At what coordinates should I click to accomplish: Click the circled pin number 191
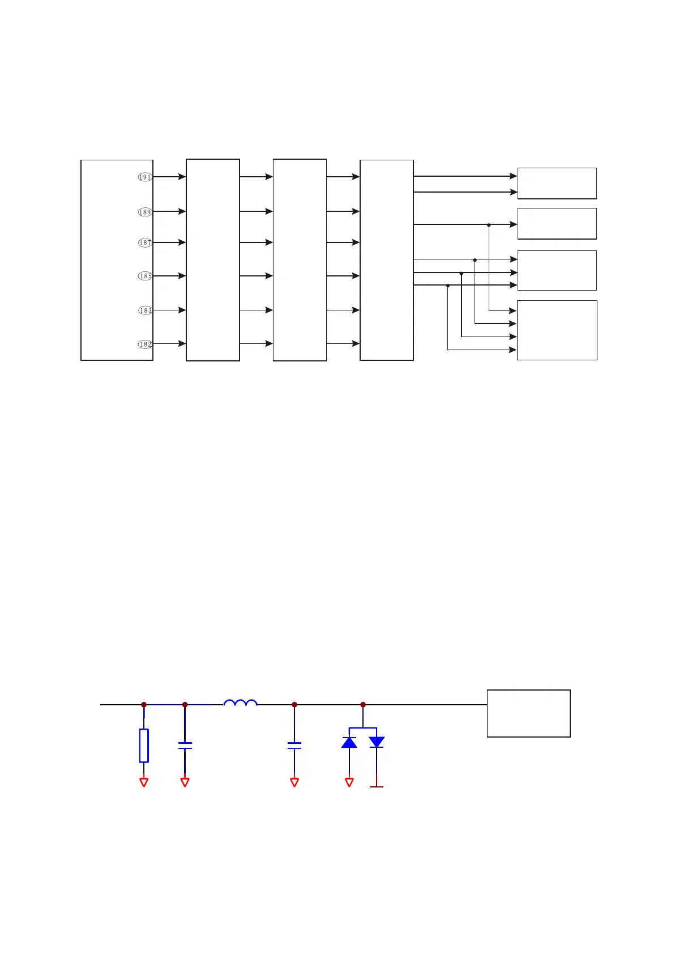[x=145, y=177]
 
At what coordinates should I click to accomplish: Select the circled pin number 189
[x=145, y=212]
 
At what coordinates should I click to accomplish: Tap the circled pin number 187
[x=145, y=242]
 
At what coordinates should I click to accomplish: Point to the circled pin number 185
[x=145, y=276]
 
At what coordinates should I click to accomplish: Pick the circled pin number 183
[x=145, y=310]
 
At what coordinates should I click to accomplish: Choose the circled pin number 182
[x=145, y=344]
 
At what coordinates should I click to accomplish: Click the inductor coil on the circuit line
[x=241, y=703]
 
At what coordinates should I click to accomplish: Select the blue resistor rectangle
[x=144, y=746]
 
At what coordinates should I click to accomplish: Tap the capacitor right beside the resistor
[x=185, y=746]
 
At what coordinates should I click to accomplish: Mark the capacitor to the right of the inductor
[x=294, y=746]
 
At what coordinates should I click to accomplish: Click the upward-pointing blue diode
[x=349, y=742]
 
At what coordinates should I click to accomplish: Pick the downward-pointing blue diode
[x=377, y=742]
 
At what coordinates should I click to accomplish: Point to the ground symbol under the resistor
[x=144, y=782]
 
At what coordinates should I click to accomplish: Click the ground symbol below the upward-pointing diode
[x=349, y=782]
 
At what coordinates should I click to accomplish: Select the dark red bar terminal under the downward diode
[x=377, y=786]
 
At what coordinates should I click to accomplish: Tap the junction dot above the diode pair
[x=363, y=705]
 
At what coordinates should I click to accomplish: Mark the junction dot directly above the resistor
[x=144, y=705]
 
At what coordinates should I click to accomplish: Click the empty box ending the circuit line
[x=528, y=713]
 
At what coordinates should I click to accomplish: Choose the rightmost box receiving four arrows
[x=557, y=330]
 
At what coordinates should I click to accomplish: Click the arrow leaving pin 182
[x=169, y=343]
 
